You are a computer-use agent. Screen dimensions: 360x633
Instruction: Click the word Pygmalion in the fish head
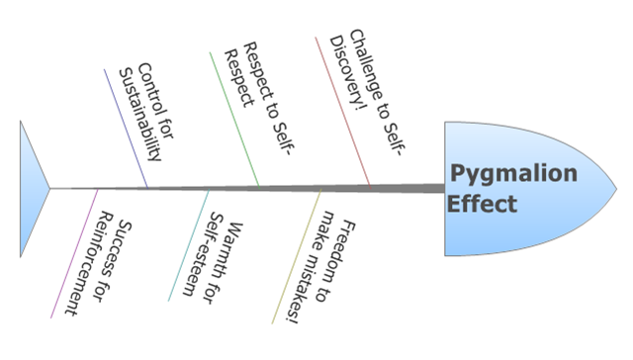(x=513, y=175)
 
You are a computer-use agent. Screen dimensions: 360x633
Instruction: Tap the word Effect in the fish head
(x=483, y=205)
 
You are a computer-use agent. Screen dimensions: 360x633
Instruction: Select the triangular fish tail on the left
(x=32, y=187)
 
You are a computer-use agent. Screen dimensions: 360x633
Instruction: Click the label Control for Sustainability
(x=140, y=114)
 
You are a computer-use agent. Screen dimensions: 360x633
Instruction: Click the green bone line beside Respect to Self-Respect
(x=233, y=119)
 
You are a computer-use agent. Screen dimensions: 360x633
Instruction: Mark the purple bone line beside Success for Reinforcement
(x=75, y=252)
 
